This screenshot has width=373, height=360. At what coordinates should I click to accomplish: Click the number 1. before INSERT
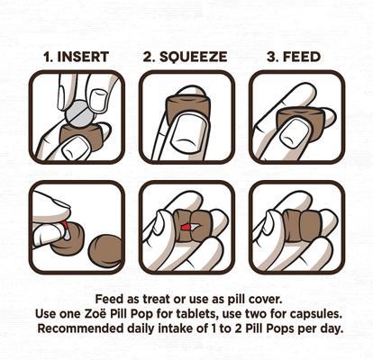tap(50, 56)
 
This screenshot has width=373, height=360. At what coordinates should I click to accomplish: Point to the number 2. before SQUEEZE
tap(150, 56)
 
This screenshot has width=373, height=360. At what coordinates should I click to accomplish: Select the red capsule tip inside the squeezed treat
tap(185, 229)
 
